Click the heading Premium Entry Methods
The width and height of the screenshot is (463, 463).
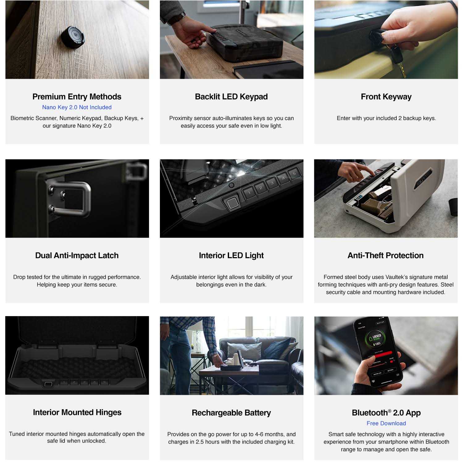[77, 97]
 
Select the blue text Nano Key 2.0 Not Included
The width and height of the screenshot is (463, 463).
[77, 107]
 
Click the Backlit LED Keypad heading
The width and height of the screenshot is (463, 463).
[231, 97]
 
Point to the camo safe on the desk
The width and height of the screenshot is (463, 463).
[244, 43]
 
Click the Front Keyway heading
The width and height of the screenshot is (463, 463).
[386, 97]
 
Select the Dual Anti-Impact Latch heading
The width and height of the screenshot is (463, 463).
[77, 256]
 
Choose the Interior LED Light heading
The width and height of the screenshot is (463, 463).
[231, 256]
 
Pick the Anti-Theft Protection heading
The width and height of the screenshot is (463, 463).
[386, 256]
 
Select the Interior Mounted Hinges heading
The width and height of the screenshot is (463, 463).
[77, 412]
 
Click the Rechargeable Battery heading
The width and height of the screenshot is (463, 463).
[231, 413]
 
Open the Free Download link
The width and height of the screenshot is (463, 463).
[386, 423]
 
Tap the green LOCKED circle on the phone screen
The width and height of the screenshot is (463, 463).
[377, 339]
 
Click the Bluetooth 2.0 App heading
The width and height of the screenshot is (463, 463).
[386, 413]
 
